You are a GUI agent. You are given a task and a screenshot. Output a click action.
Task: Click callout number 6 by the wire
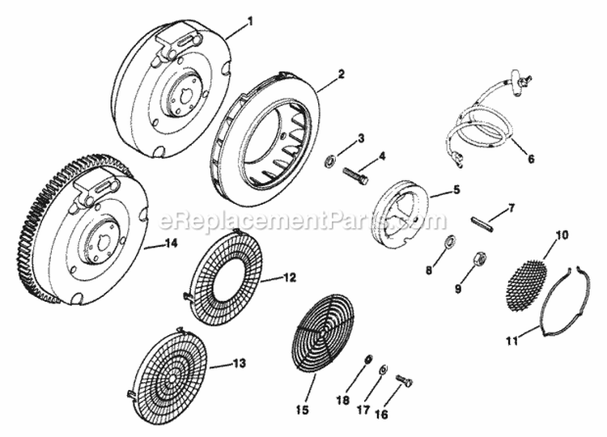point(531,159)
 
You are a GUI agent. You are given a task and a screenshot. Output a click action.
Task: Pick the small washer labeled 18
point(368,358)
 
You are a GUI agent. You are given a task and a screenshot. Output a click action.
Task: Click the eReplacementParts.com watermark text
point(303,219)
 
